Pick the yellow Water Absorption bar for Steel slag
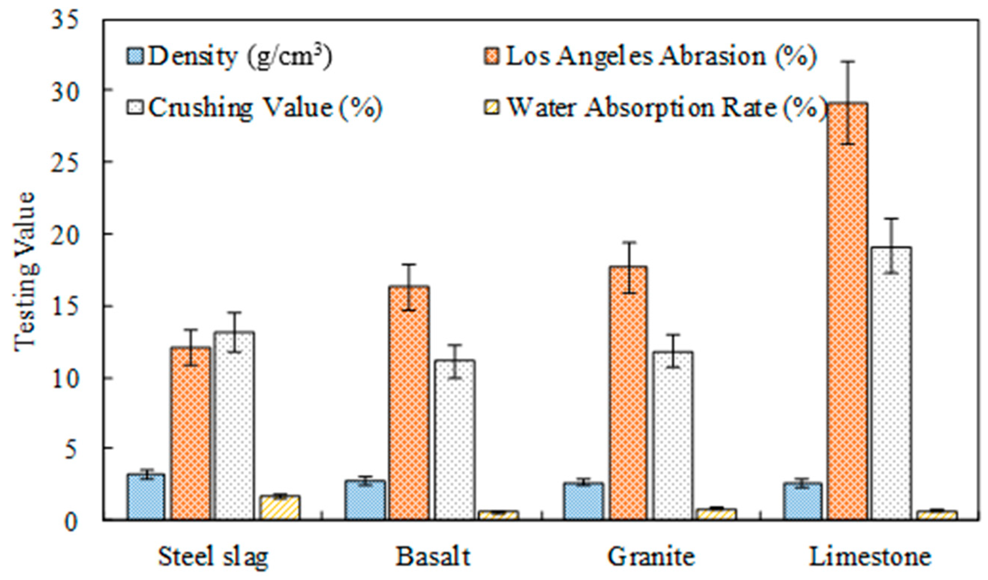click(x=279, y=508)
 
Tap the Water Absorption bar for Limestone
click(x=936, y=516)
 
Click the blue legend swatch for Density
click(x=135, y=56)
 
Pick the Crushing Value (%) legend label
click(x=265, y=107)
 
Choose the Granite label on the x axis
click(x=651, y=557)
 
